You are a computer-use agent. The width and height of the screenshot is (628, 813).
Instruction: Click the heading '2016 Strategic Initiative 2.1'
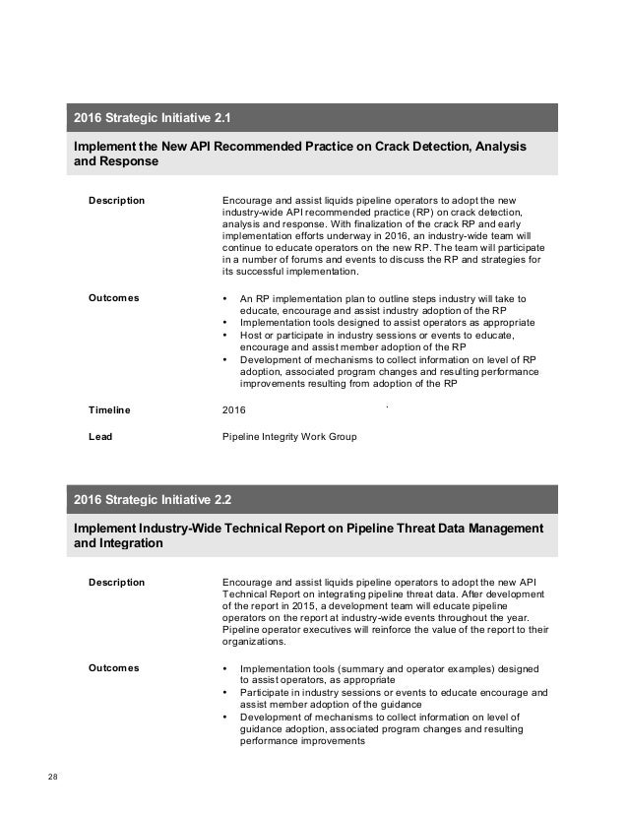pyautogui.click(x=153, y=120)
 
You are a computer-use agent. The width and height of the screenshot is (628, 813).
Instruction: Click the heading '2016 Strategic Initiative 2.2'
pyautogui.click(x=153, y=500)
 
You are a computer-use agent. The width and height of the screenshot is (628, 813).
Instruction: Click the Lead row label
pyautogui.click(x=99, y=435)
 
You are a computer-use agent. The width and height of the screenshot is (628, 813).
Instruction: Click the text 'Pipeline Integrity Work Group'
pyautogui.click(x=290, y=435)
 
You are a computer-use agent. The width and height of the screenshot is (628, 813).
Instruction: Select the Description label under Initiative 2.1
pyautogui.click(x=116, y=201)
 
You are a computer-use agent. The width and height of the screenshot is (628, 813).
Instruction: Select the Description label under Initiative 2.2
pyautogui.click(x=116, y=582)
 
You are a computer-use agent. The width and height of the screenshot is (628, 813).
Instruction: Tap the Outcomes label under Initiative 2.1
pyautogui.click(x=113, y=297)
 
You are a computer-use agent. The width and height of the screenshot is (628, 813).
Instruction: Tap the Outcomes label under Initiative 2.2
pyautogui.click(x=113, y=668)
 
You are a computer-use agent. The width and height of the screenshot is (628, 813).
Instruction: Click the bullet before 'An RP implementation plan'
pyautogui.click(x=227, y=297)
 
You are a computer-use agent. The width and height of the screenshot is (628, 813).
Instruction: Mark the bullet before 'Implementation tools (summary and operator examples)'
pyautogui.click(x=227, y=668)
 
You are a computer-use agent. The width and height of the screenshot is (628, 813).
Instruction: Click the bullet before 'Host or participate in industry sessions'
pyautogui.click(x=227, y=335)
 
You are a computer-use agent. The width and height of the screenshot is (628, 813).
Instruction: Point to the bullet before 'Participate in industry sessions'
pyautogui.click(x=227, y=693)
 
